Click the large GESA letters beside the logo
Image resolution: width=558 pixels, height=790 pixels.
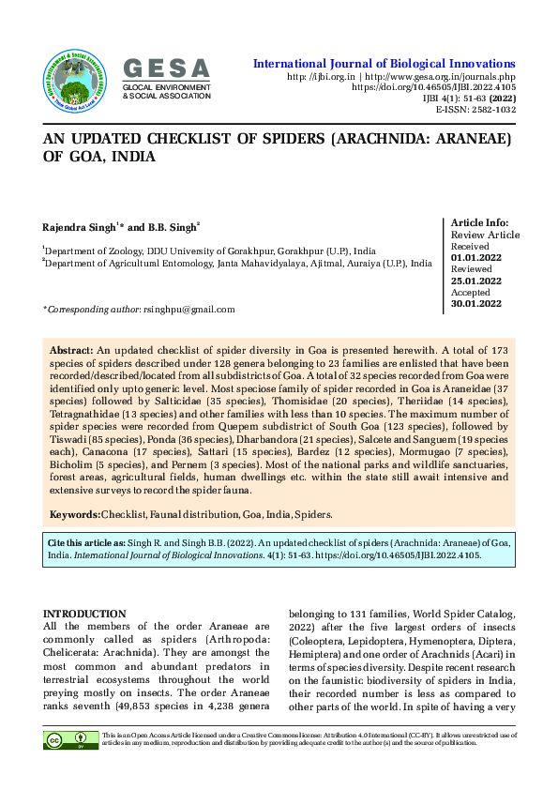(167, 68)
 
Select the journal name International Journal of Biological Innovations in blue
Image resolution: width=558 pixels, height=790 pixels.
(385, 63)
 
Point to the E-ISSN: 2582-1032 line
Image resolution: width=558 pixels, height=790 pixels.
(475, 110)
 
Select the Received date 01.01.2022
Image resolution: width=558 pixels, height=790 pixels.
(477, 257)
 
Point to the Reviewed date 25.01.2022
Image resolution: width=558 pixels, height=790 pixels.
(477, 281)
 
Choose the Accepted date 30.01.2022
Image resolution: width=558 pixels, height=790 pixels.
(477, 303)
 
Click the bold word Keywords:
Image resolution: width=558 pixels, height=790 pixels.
(74, 514)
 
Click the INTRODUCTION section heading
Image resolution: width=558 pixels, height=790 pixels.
(84, 613)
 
